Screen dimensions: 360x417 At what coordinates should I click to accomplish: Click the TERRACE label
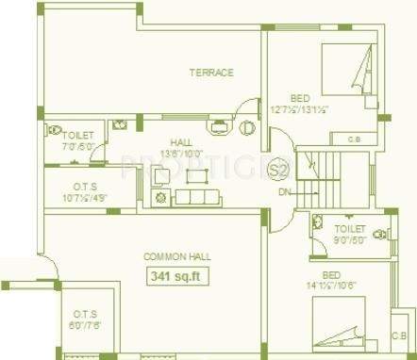tap(210, 72)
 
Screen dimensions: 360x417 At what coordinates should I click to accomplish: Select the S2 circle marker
tap(277, 171)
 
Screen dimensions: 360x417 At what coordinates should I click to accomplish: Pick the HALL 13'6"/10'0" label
tap(180, 145)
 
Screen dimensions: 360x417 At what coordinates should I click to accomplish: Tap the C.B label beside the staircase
tap(353, 140)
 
